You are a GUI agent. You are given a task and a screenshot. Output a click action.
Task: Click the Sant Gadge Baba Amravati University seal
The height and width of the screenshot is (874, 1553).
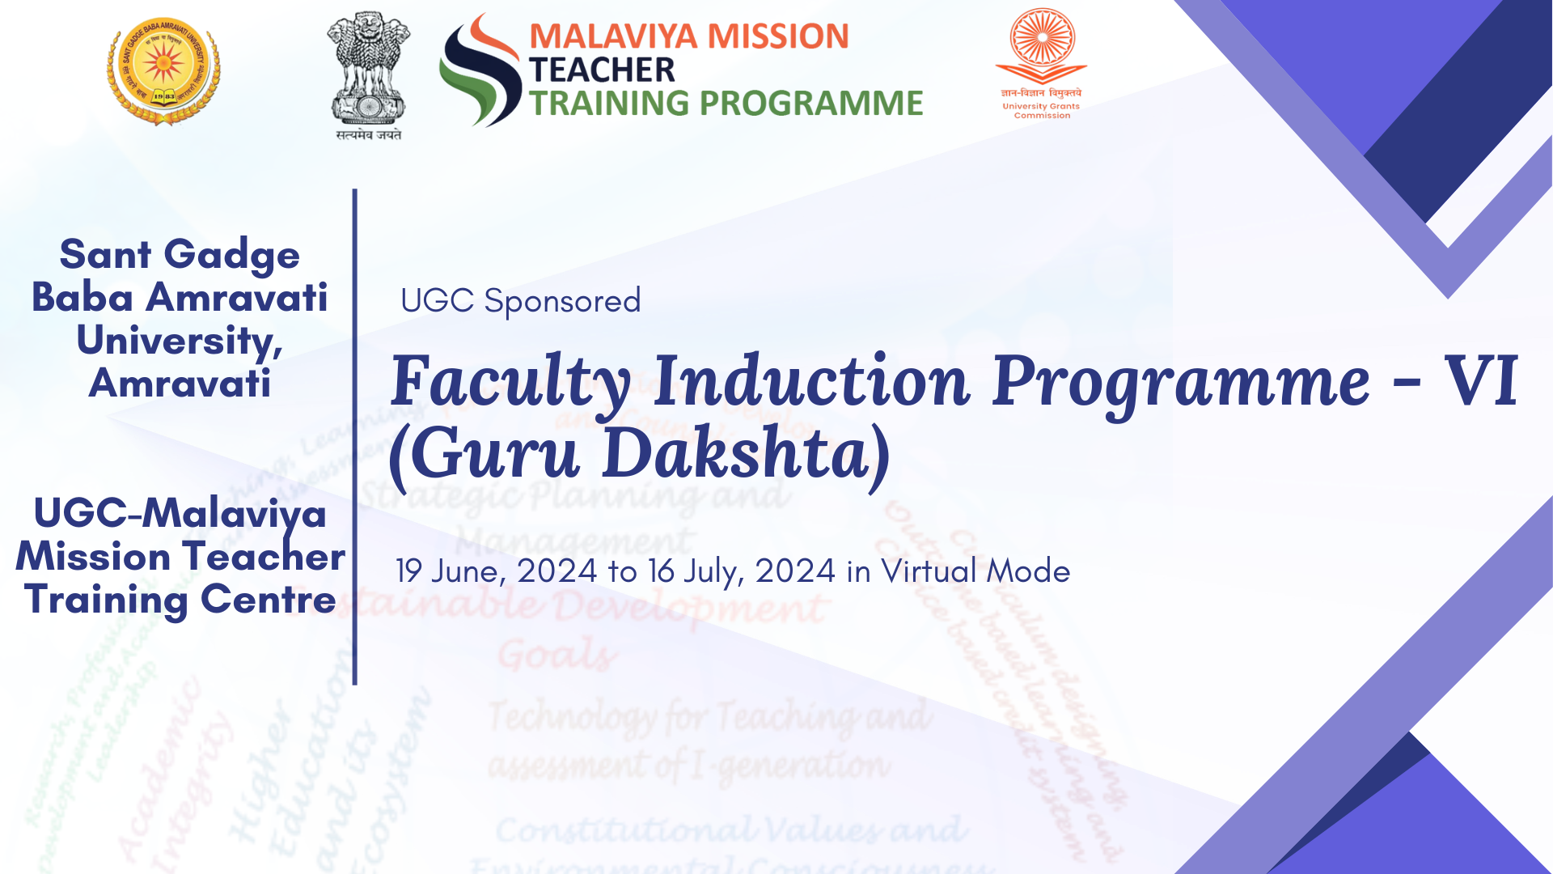(163, 71)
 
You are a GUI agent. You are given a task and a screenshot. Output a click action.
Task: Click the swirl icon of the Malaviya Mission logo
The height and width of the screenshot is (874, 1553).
(480, 71)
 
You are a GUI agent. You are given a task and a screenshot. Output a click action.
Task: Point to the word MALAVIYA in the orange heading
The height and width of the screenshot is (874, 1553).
(611, 37)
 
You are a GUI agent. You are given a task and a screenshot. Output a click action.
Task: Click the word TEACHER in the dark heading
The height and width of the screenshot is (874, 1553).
(602, 70)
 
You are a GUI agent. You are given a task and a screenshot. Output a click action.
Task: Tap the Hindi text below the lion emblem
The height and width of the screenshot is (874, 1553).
(369, 134)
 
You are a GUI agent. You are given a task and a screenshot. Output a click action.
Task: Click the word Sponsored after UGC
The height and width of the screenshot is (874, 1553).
(562, 301)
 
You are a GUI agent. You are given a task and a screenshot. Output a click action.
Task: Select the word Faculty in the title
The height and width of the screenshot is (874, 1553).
(510, 382)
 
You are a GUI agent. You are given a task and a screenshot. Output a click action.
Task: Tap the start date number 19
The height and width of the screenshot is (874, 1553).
(408, 571)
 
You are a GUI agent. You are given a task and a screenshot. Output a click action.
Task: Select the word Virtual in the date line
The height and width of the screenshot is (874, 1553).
(929, 571)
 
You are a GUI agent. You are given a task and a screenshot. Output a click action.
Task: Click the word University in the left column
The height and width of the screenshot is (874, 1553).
(179, 341)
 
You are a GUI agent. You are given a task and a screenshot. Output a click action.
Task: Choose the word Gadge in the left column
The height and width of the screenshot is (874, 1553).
(232, 256)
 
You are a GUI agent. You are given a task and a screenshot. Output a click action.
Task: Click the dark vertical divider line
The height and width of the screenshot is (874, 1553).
(354, 437)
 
